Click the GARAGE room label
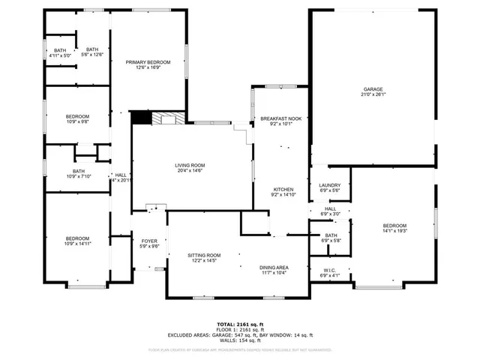(x=373, y=89)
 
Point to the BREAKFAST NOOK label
(x=280, y=118)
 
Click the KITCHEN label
(x=283, y=189)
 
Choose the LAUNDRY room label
(x=330, y=185)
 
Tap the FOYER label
(x=149, y=241)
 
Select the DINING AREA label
(x=274, y=268)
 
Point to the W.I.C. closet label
(x=330, y=270)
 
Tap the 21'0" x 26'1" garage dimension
(x=373, y=95)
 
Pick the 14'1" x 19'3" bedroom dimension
(x=394, y=231)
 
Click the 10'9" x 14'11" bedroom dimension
(x=77, y=244)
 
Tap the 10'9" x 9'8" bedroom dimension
(x=77, y=121)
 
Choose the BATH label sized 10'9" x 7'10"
(x=79, y=170)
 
